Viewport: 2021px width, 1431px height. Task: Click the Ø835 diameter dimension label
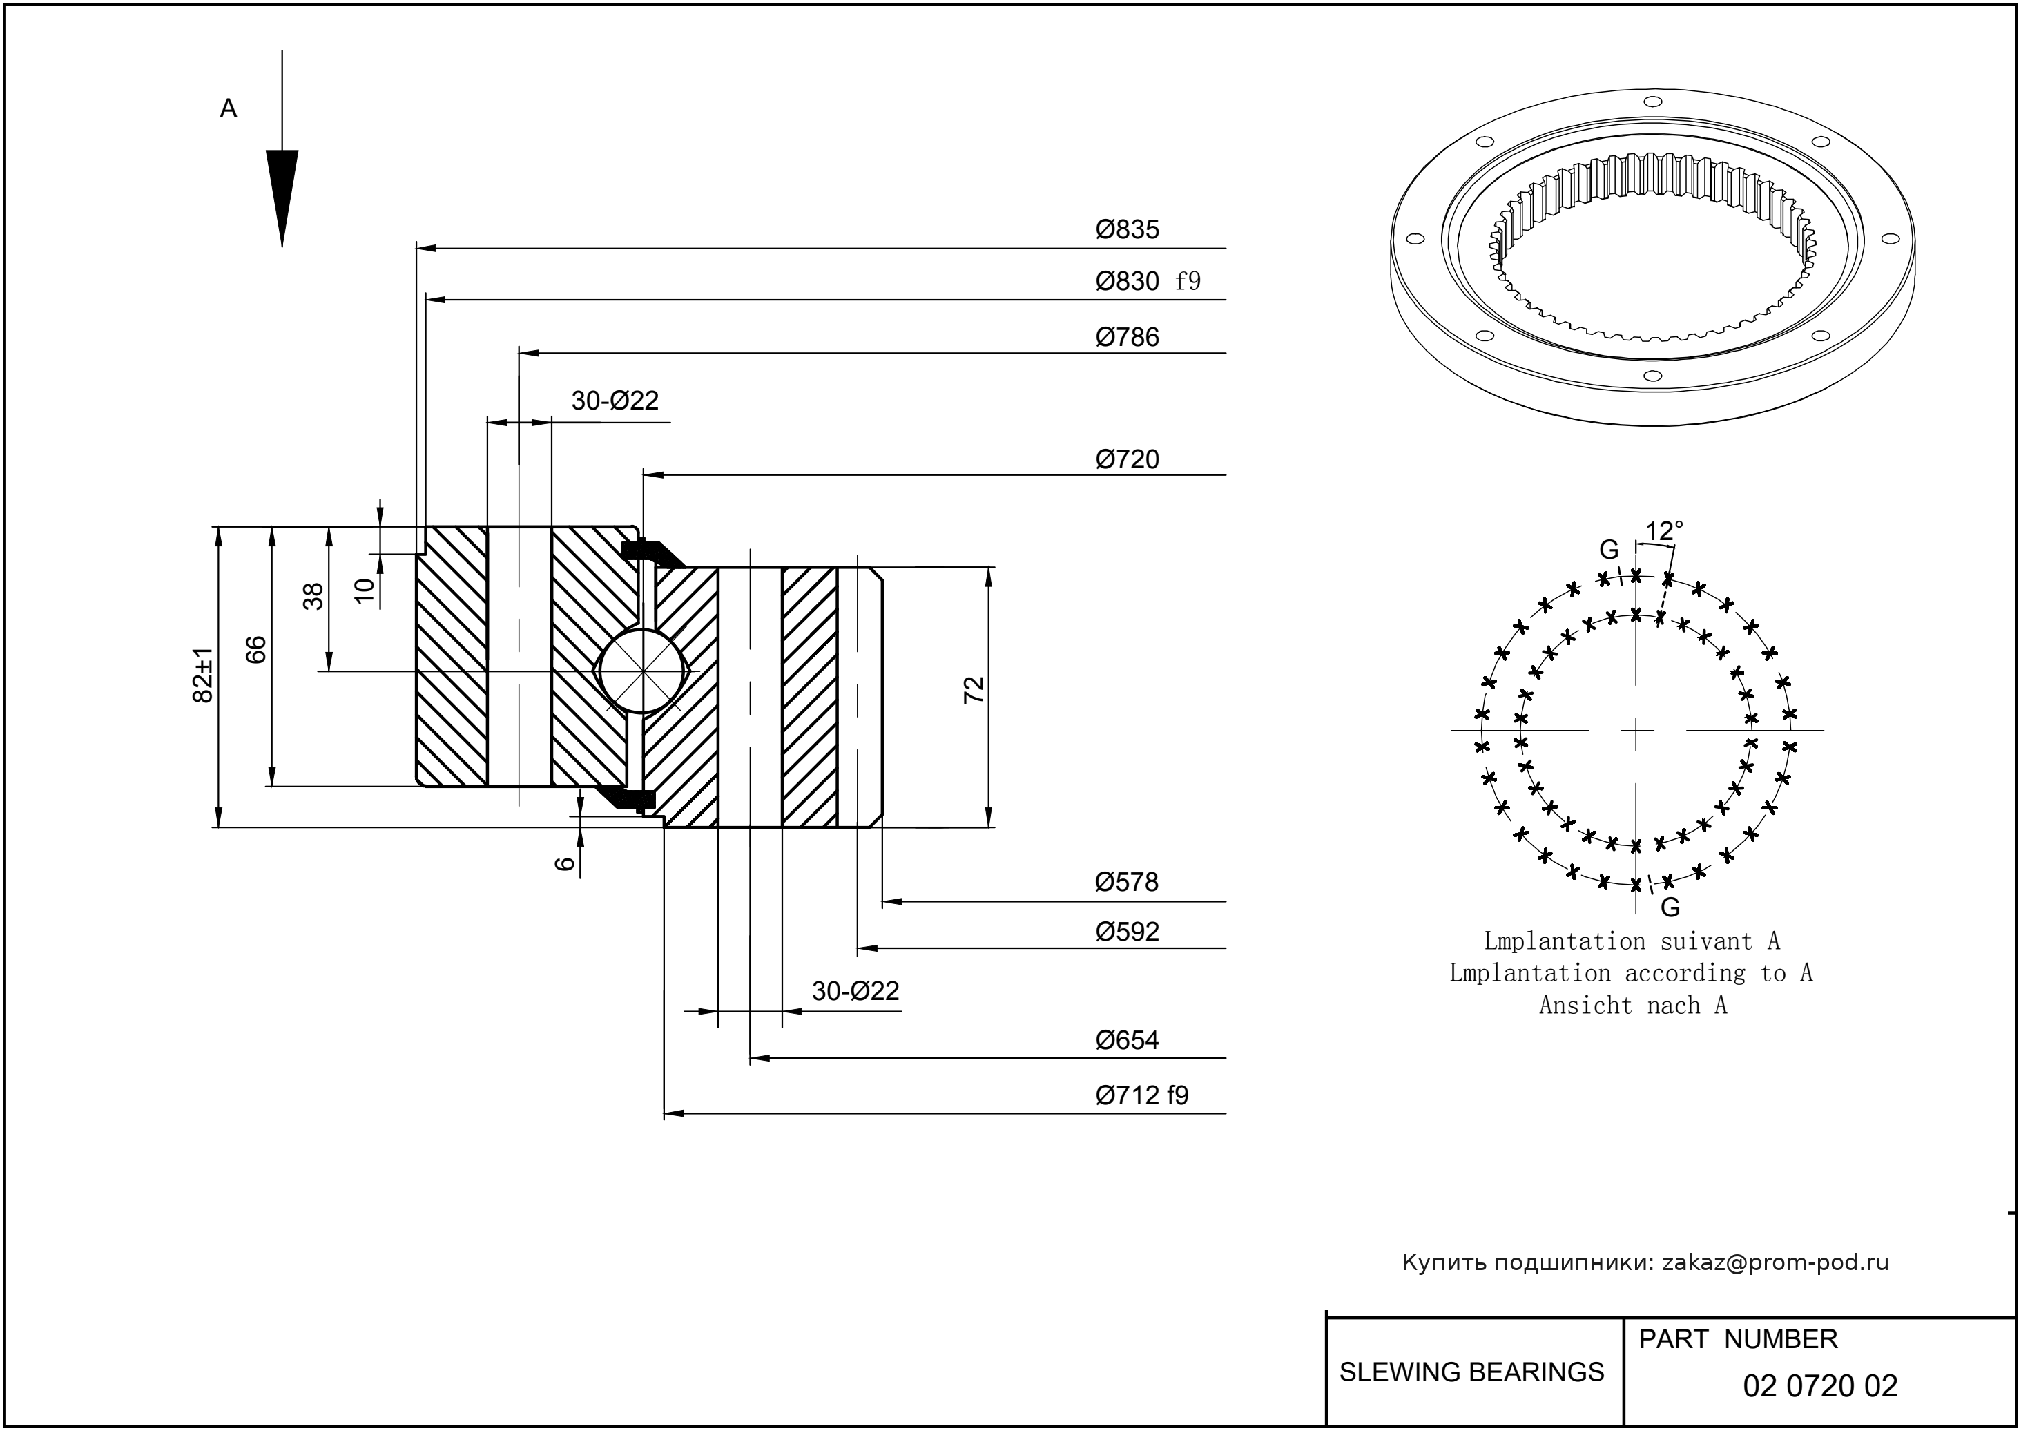pyautogui.click(x=1127, y=230)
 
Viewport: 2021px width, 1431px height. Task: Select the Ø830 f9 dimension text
pyautogui.click(x=1147, y=282)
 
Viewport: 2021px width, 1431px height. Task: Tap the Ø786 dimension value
pyautogui.click(x=1127, y=338)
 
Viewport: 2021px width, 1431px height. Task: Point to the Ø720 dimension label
pyautogui.click(x=1127, y=460)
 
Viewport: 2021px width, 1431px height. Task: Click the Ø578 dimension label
pyautogui.click(x=1126, y=883)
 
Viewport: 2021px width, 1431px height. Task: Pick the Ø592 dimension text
pyautogui.click(x=1127, y=932)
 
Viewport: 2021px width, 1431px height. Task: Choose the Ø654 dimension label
pyautogui.click(x=1127, y=1041)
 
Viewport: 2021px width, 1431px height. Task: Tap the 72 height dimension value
pyautogui.click(x=974, y=690)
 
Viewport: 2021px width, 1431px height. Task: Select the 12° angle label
pyautogui.click(x=1663, y=531)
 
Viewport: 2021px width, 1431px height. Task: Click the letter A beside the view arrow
pyautogui.click(x=228, y=109)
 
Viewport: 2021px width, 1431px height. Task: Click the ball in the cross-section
pyautogui.click(x=644, y=671)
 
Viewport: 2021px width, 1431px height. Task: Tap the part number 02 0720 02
pyautogui.click(x=1819, y=1386)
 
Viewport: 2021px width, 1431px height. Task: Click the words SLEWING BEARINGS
pyautogui.click(x=1471, y=1372)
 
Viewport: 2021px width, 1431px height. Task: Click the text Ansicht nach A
pyautogui.click(x=1632, y=1006)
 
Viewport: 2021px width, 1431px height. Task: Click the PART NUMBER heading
pyautogui.click(x=1737, y=1339)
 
